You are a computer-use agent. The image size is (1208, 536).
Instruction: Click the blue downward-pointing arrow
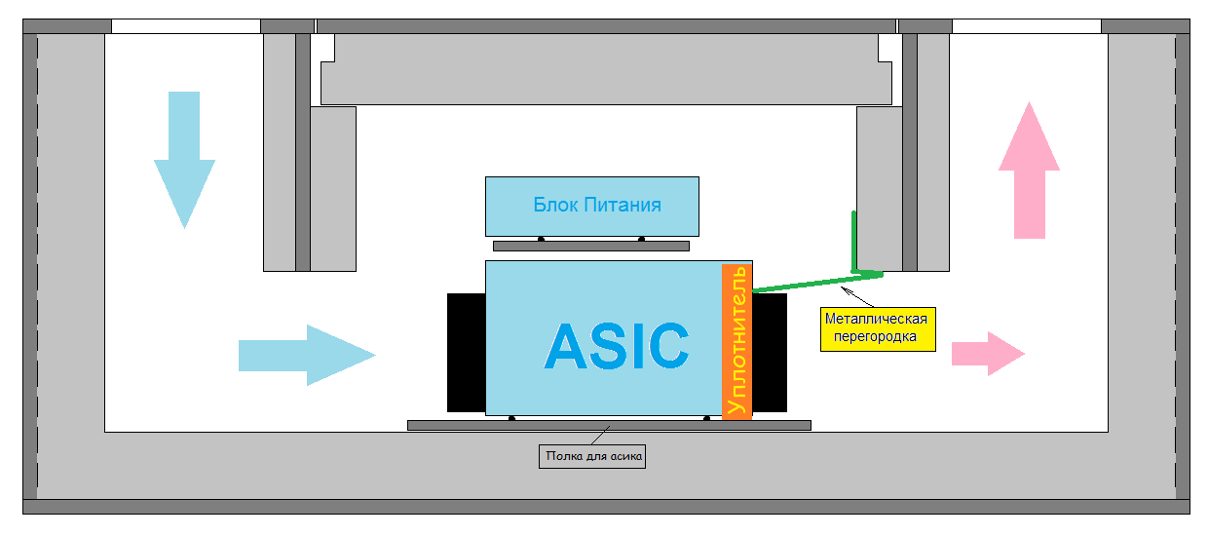(x=184, y=156)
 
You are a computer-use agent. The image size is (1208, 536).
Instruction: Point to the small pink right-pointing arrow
(x=987, y=353)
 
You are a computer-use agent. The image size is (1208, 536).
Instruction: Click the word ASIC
(x=617, y=345)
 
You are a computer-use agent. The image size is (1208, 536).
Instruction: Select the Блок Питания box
(x=592, y=206)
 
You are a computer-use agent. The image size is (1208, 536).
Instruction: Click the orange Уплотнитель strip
(x=737, y=339)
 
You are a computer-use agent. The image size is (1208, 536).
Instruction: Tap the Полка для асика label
(x=592, y=455)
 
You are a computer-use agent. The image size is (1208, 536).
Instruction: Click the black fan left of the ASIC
(x=466, y=352)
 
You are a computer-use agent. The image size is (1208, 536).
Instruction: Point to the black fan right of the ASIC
(x=770, y=353)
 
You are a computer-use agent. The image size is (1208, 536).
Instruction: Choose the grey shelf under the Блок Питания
(x=590, y=246)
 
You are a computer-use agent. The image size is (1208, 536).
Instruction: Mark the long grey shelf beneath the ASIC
(x=609, y=425)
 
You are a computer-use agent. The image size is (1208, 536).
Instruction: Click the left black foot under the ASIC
(x=511, y=419)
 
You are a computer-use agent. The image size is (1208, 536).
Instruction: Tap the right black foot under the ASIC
(x=706, y=419)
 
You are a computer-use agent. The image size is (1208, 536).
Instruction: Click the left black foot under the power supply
(x=541, y=239)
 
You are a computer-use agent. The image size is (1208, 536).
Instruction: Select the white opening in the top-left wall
(x=186, y=26)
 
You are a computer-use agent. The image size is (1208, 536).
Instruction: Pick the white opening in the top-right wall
(x=1026, y=26)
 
